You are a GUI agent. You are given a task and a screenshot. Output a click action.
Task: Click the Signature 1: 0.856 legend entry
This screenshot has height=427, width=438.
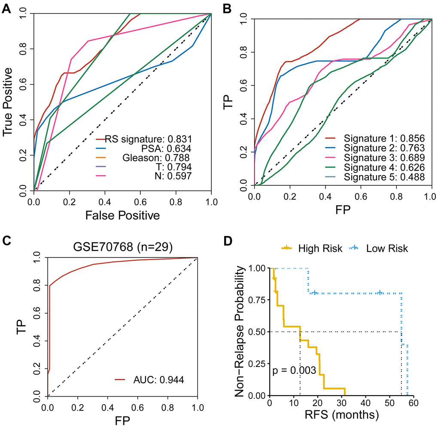coord(384,139)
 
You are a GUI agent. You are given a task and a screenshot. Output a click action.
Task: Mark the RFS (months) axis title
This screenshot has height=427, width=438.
coord(342,415)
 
